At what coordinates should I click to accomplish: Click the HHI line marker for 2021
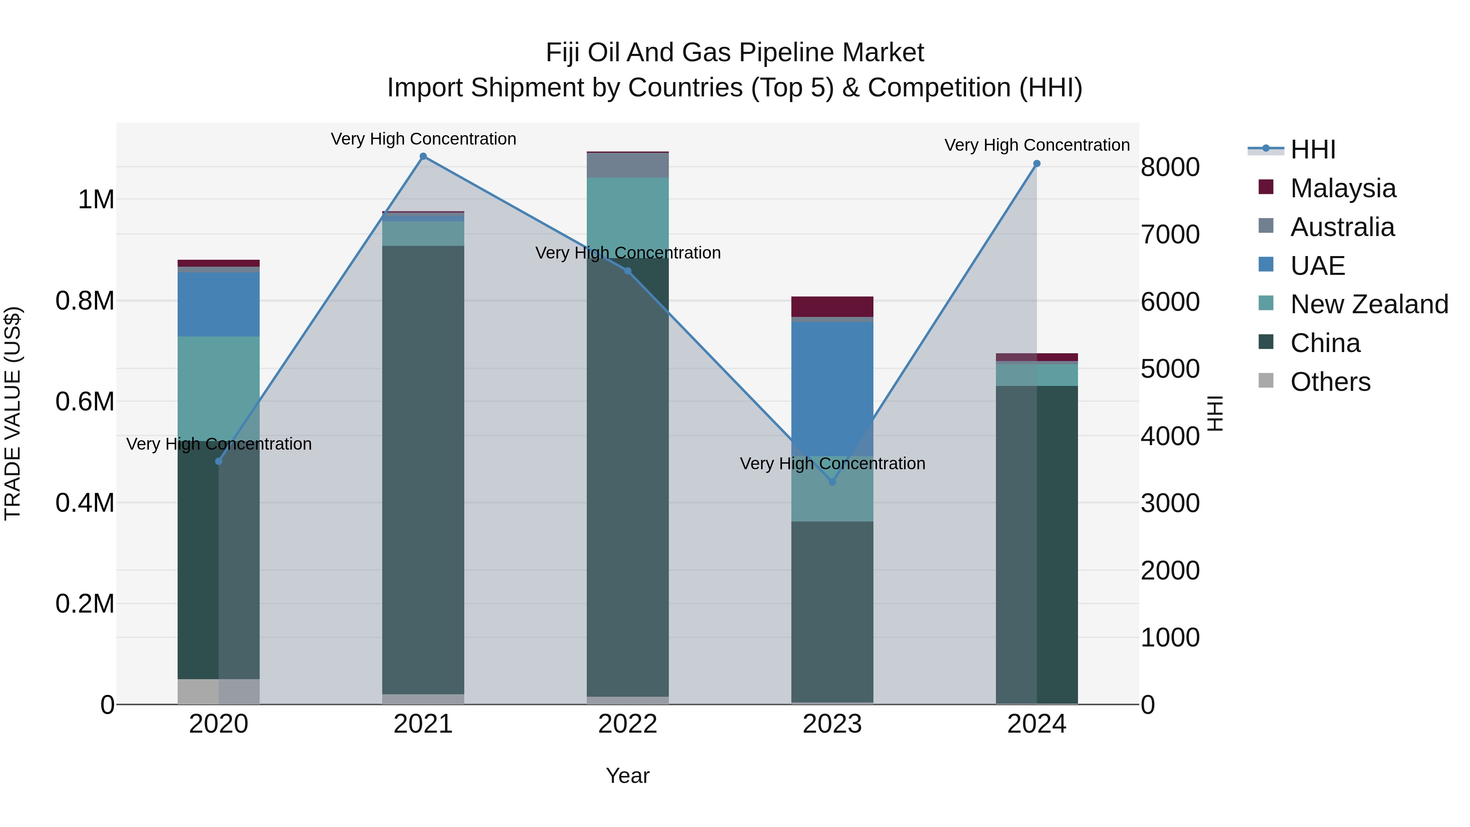(423, 156)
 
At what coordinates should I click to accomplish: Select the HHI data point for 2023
(832, 482)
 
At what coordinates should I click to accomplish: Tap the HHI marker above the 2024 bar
(1037, 164)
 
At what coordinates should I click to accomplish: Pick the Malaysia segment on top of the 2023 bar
(832, 306)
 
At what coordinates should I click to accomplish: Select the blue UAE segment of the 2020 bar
(218, 304)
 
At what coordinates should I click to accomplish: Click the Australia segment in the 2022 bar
(628, 165)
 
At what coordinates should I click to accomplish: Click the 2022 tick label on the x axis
(628, 724)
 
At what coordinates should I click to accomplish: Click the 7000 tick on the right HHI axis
(1170, 234)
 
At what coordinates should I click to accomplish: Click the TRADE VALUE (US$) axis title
(13, 413)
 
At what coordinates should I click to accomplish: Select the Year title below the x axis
(627, 776)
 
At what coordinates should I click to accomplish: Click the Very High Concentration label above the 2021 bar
(423, 139)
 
